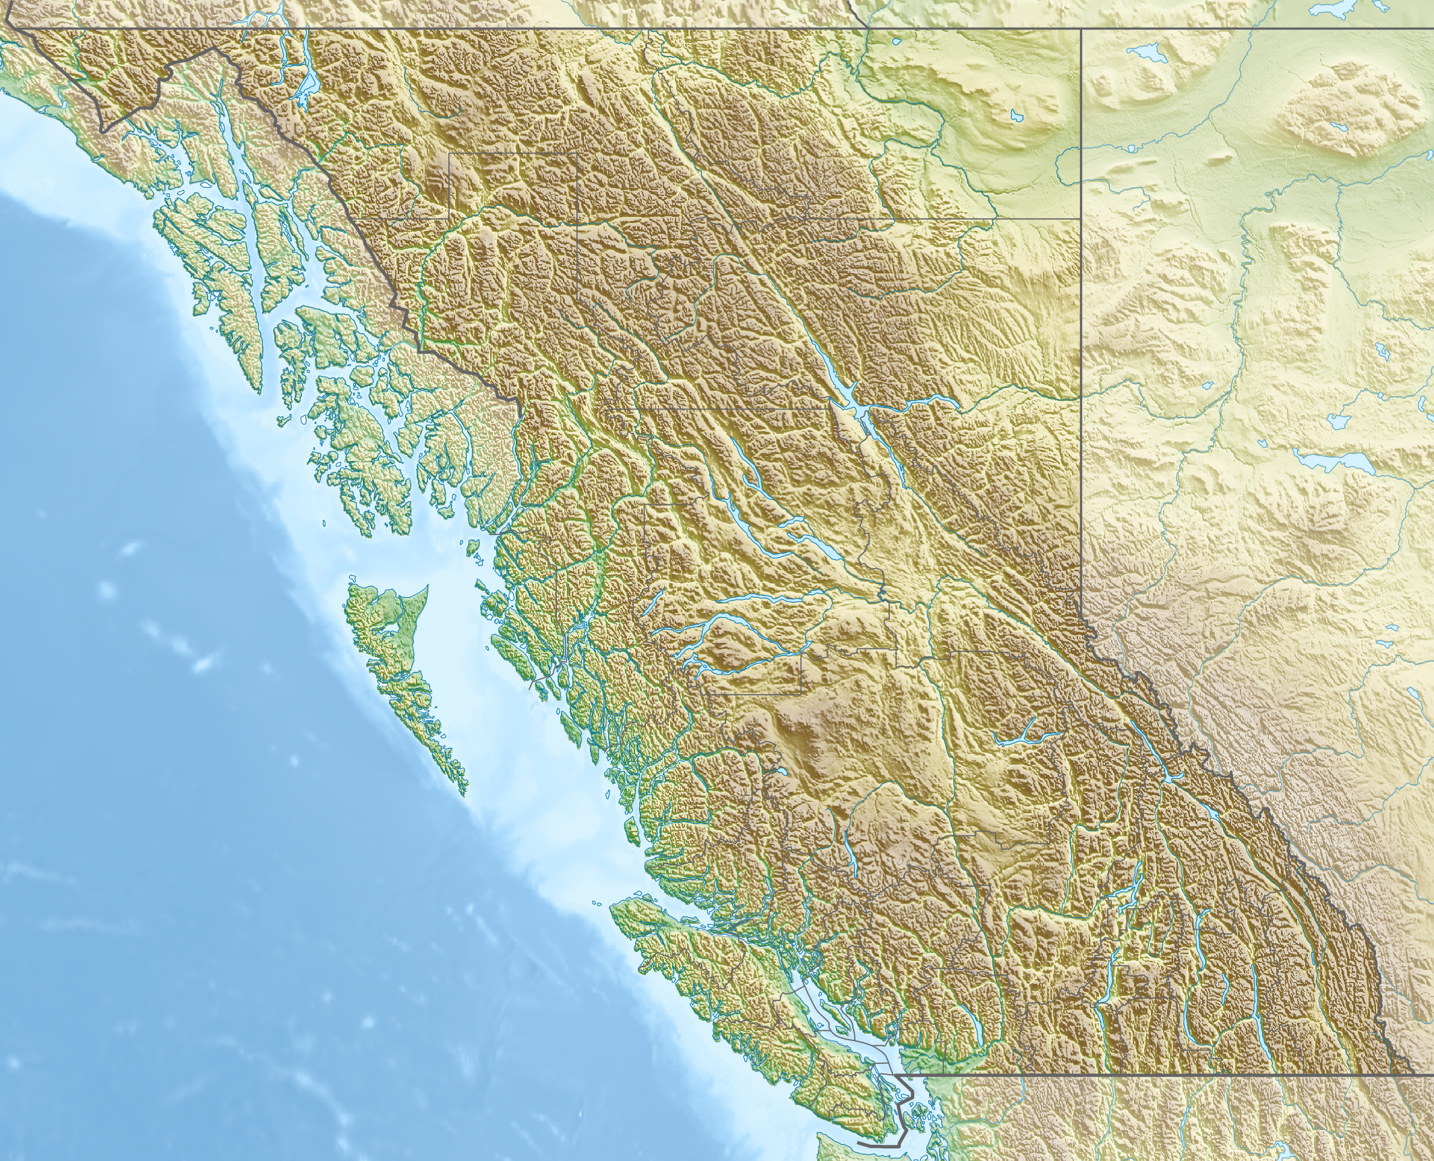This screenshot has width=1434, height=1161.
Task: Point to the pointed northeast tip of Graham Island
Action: tap(426, 588)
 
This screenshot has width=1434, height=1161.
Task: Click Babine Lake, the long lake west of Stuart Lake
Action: tap(748, 472)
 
